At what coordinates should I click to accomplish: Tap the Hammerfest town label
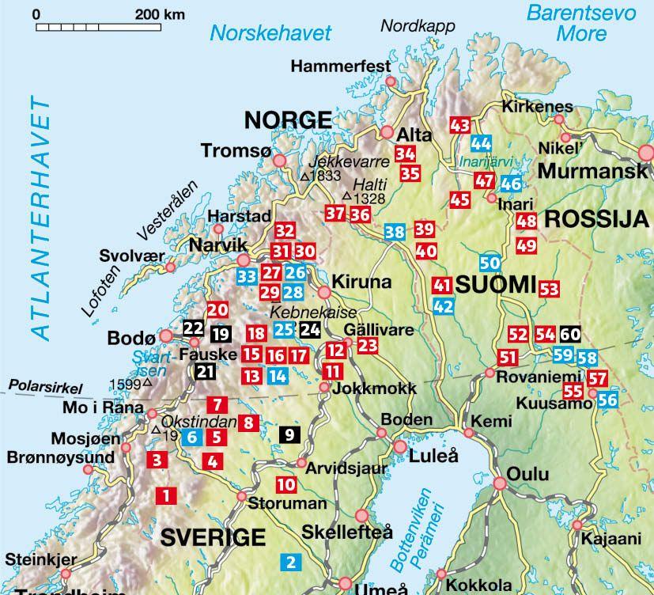point(341,66)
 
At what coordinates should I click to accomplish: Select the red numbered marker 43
point(459,126)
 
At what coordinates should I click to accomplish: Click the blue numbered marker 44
point(481,143)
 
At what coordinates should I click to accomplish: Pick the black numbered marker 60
point(570,334)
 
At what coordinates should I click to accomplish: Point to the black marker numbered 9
point(290,434)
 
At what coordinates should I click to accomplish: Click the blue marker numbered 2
point(291,563)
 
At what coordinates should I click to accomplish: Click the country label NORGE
point(287,119)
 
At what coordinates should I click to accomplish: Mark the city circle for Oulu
point(500,483)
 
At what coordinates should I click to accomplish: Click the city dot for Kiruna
point(324,293)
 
